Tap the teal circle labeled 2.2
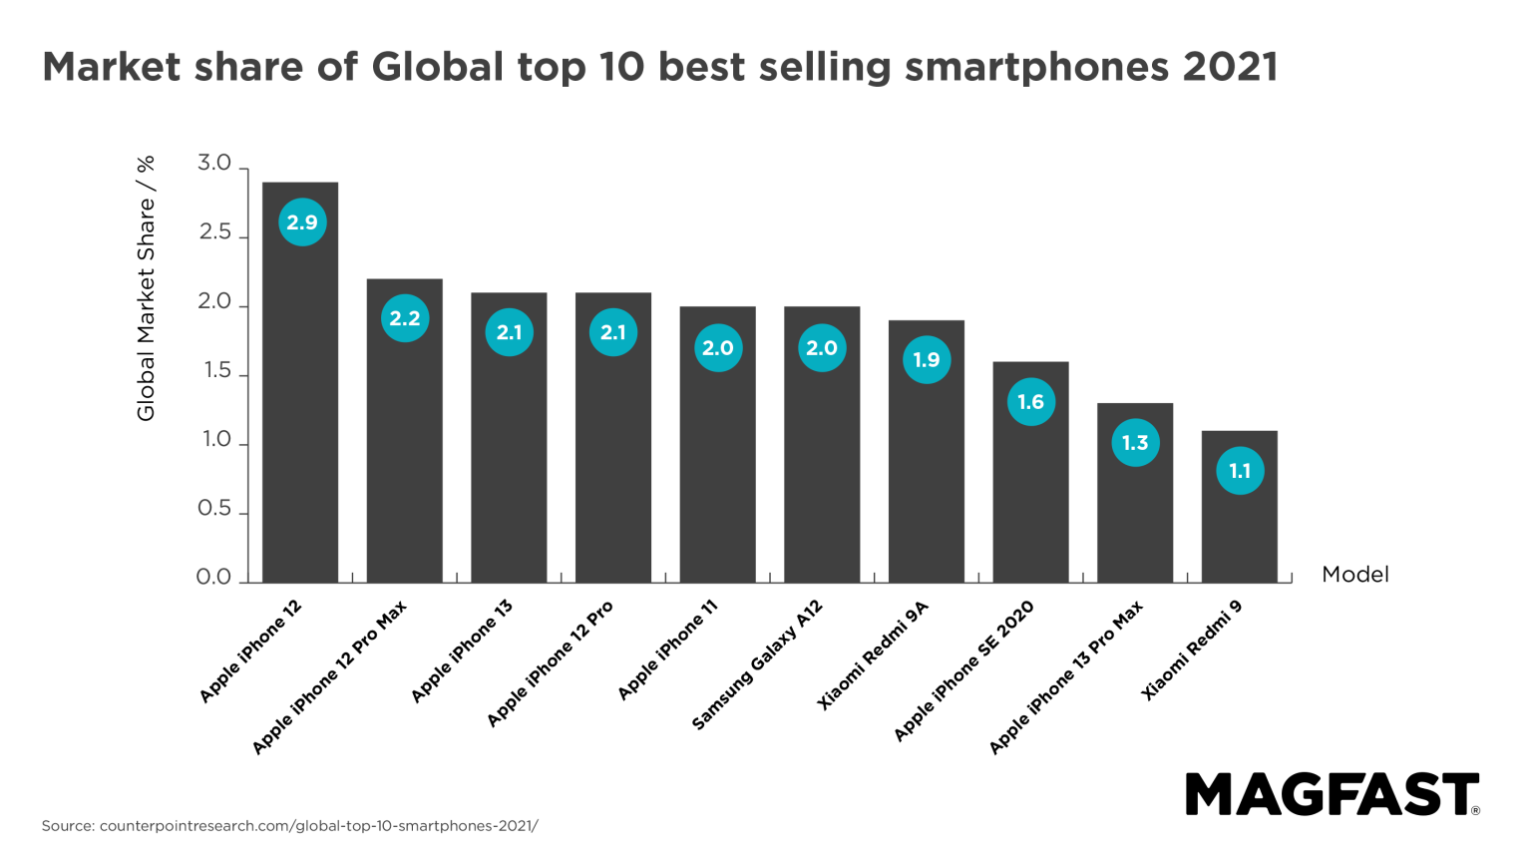click(x=405, y=319)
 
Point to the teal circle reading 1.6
click(x=1030, y=402)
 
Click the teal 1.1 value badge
click(x=1240, y=471)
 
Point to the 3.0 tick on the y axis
click(x=214, y=165)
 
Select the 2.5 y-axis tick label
click(x=214, y=233)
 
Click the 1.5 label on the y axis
click(x=215, y=371)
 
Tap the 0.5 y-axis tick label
click(x=214, y=509)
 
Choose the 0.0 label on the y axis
click(x=214, y=578)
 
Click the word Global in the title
click(x=436, y=68)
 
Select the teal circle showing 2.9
click(x=301, y=221)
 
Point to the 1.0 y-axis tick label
click(x=215, y=440)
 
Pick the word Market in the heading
click(x=112, y=68)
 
